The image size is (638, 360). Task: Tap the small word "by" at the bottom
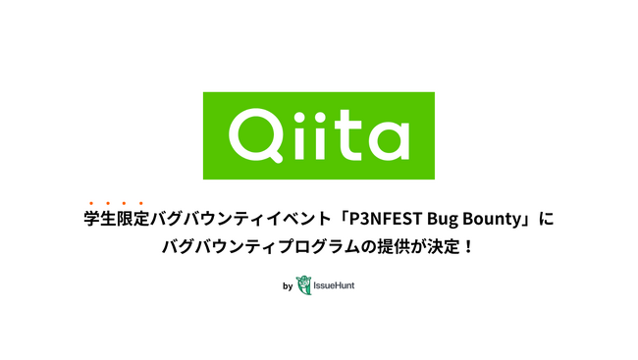287,287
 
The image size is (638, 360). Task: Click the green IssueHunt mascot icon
303,286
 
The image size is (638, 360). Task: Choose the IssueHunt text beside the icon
334,287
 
